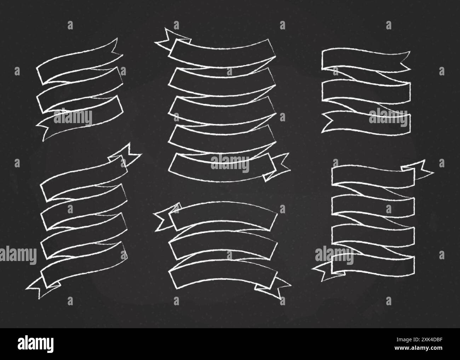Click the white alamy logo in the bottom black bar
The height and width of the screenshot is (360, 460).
click(x=35, y=344)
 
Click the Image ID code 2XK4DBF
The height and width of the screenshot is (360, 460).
click(x=419, y=340)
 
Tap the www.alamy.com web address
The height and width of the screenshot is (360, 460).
click(x=419, y=348)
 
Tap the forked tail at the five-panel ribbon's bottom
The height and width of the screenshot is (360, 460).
click(x=277, y=167)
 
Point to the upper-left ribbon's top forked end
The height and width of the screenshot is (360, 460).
click(x=116, y=48)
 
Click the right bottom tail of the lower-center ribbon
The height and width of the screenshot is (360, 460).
click(x=274, y=288)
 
